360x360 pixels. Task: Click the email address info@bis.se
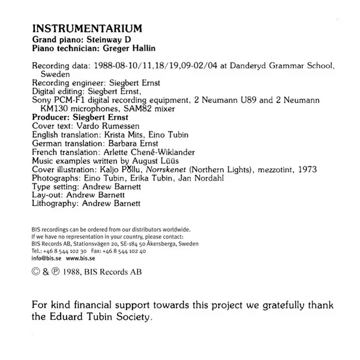tap(46, 258)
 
